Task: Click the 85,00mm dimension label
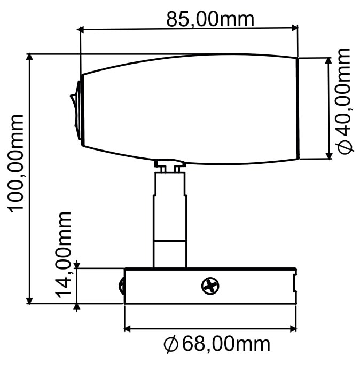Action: click(x=210, y=19)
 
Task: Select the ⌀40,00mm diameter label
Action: click(x=345, y=101)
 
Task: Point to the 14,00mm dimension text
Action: click(x=64, y=255)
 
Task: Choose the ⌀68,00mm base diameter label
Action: click(x=217, y=344)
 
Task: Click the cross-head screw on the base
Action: click(x=210, y=286)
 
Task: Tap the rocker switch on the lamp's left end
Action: click(x=75, y=110)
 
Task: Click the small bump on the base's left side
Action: click(x=121, y=286)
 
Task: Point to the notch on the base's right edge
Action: click(x=295, y=282)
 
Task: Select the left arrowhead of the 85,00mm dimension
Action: click(x=81, y=30)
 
